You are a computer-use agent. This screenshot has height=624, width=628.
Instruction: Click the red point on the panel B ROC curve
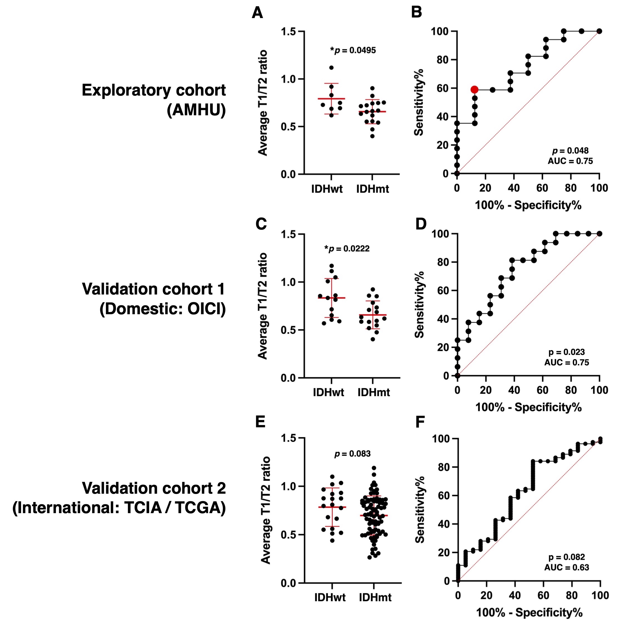point(474,89)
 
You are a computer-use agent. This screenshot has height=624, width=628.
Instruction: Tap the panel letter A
point(257,13)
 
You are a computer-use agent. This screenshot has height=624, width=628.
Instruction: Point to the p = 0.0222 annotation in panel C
point(347,249)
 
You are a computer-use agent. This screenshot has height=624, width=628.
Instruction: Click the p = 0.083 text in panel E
point(352,453)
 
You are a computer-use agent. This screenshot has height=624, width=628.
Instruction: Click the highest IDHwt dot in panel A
point(331,68)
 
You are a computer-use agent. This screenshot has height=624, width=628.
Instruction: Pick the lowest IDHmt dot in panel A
point(372,136)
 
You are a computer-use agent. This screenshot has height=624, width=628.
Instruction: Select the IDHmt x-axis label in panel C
point(373,392)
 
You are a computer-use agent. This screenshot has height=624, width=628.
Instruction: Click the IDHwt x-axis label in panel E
point(330,597)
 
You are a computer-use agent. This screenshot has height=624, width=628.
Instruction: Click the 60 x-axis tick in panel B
point(542,188)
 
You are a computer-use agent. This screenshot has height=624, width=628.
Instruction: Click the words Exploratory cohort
point(153,90)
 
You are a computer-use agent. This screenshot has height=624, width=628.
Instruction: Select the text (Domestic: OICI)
point(162,308)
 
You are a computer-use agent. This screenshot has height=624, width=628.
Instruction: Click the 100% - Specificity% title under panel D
point(528,407)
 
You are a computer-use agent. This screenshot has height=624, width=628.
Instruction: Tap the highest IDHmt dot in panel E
point(374,468)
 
